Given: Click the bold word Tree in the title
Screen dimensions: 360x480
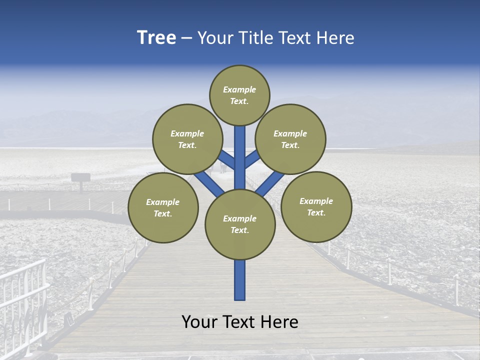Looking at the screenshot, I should (x=156, y=37).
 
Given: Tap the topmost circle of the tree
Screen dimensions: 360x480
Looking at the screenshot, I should (x=239, y=95).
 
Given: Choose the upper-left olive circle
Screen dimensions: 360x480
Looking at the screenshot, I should (x=187, y=139).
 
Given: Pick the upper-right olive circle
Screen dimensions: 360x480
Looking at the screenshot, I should (x=290, y=139).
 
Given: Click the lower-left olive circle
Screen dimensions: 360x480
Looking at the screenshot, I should (x=163, y=207).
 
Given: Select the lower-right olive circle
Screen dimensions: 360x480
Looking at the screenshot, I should (x=316, y=206).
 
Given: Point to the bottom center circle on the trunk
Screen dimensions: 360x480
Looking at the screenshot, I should (x=240, y=224).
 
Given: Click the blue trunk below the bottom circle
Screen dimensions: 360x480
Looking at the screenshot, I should (x=240, y=280).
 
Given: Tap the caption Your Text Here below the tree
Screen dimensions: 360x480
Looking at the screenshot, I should (x=240, y=322).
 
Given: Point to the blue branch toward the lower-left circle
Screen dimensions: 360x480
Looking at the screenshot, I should (x=209, y=183).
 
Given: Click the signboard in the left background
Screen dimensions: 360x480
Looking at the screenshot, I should (x=80, y=177).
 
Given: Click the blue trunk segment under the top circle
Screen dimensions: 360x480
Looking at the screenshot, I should (x=240, y=155).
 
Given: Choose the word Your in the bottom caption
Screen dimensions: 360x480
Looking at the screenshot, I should (x=199, y=322).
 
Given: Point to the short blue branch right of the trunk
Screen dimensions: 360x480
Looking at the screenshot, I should (x=252, y=158).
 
